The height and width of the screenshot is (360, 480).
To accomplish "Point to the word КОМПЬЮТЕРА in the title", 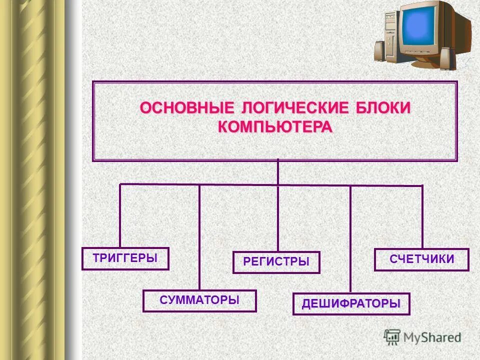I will [275, 126].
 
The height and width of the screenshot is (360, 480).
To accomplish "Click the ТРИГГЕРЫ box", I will [125, 258].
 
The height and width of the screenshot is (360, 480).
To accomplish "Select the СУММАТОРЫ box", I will [199, 300].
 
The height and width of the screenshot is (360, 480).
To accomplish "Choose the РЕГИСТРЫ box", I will [276, 262].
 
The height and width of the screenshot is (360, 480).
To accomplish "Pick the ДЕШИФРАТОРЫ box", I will [351, 303].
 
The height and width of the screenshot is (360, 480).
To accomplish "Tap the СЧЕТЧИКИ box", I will [421, 259].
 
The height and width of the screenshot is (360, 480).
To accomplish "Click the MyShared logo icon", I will [392, 336].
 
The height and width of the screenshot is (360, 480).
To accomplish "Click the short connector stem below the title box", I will [278, 172].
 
